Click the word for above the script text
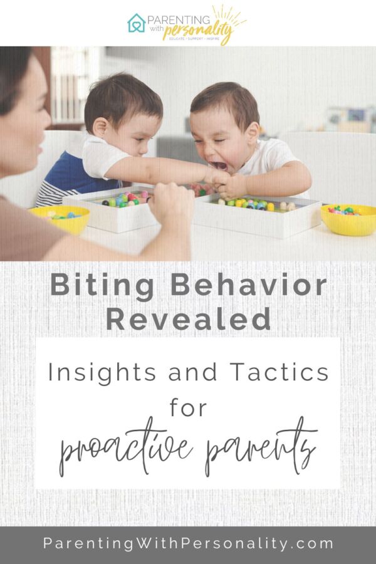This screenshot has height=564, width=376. coord(187,407)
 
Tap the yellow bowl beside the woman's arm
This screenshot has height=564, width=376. coord(60,219)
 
